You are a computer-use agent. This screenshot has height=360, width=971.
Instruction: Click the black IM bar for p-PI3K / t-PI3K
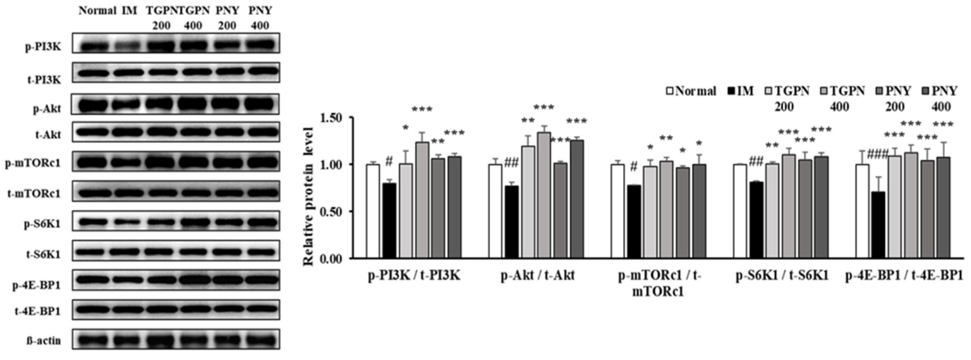[x=389, y=221]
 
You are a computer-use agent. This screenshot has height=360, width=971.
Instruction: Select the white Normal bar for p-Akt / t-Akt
[x=495, y=211]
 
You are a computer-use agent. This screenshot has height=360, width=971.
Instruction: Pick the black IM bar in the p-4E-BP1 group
[x=879, y=225]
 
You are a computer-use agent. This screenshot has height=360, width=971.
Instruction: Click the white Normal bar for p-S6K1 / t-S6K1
[x=740, y=211]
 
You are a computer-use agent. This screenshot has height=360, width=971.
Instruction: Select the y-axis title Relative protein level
[x=308, y=196]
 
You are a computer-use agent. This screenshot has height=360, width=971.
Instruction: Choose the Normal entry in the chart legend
[x=691, y=91]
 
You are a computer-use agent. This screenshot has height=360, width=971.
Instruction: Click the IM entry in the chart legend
[x=741, y=91]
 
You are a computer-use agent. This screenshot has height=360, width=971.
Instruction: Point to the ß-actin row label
[x=44, y=341]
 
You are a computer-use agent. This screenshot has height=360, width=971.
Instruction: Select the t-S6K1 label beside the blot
[x=43, y=254]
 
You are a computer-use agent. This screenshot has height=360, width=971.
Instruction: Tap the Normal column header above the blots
[x=97, y=11]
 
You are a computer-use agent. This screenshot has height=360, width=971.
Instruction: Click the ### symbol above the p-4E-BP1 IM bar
[x=877, y=155]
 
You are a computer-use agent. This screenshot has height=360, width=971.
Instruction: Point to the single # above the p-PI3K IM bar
[x=389, y=161]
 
